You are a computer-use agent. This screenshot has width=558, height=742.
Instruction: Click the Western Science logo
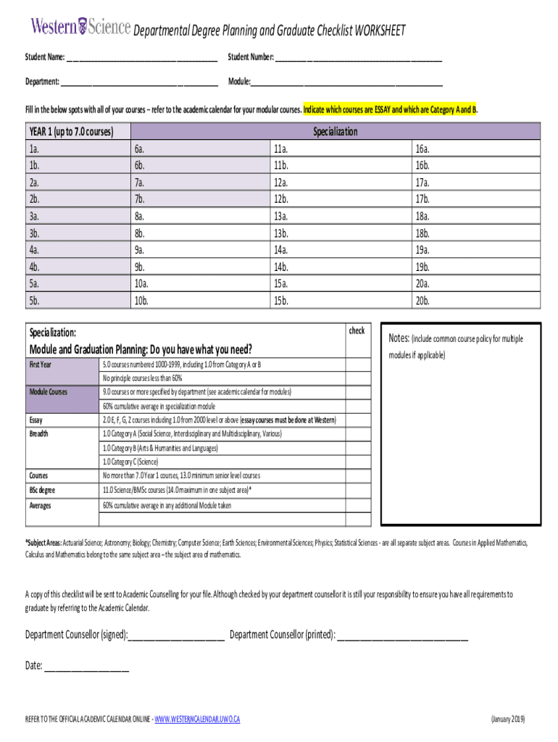(80, 27)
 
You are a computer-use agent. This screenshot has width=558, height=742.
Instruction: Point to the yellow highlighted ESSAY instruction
(390, 110)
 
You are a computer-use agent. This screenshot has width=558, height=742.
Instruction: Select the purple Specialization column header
(336, 132)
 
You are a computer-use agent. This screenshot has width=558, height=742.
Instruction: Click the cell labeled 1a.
(78, 149)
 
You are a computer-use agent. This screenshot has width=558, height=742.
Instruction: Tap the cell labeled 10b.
(201, 300)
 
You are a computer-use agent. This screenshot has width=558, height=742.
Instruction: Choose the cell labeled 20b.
(475, 300)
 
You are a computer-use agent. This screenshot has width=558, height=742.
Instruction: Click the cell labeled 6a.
(201, 149)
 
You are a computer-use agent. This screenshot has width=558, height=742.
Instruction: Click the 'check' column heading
(357, 330)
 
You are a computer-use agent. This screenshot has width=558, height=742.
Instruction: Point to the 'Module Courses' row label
(49, 392)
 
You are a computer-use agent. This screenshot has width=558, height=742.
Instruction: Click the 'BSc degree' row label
(43, 491)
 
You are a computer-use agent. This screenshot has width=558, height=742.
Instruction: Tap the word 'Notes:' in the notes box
(399, 338)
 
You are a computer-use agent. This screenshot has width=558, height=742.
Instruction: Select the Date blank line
(86, 666)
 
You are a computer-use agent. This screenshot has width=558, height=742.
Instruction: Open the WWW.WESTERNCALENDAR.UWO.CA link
(197, 719)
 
